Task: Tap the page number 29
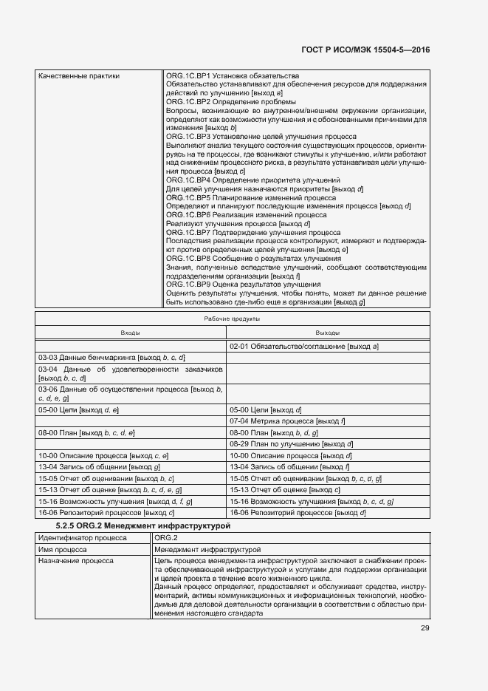pos(425,628)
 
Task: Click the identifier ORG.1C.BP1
pos(188,76)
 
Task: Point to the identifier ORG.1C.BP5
pos(188,198)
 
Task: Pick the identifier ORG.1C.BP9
pos(188,284)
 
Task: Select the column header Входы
pos(131,333)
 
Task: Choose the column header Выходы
pos(327,333)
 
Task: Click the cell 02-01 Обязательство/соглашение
pos(304,346)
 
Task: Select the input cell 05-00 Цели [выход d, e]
pos(79,409)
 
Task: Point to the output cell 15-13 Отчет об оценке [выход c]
pos(285,489)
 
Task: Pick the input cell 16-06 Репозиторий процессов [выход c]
pos(106,512)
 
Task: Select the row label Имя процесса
pos(63,550)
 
